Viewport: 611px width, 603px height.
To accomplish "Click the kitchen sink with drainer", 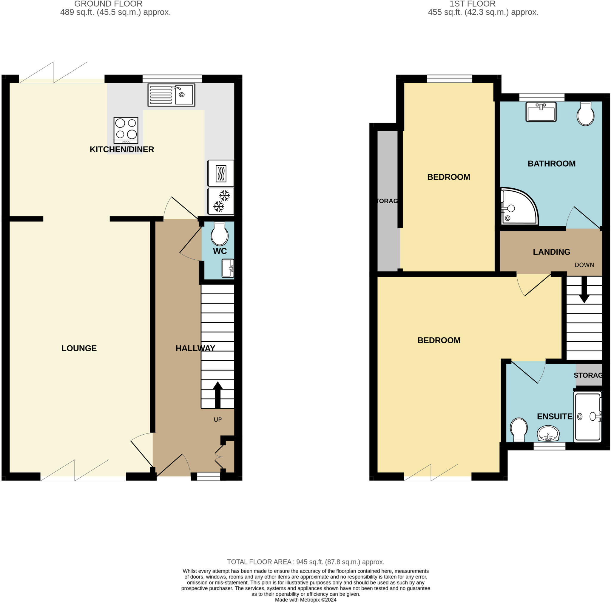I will (x=171, y=95).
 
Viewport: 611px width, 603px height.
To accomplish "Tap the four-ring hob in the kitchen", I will (x=126, y=130).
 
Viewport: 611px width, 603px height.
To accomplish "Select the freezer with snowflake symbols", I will (x=221, y=201).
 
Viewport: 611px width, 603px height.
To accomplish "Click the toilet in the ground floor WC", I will (x=220, y=234).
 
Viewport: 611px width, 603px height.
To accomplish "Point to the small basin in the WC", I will (x=228, y=268).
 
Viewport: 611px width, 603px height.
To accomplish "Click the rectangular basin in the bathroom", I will (x=541, y=112).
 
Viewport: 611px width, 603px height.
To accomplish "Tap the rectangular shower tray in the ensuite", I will (x=588, y=416).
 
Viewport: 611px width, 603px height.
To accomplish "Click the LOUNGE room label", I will (x=79, y=348).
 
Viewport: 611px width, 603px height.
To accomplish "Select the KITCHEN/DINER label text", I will (x=122, y=149).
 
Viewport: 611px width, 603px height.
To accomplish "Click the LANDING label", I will (x=551, y=252).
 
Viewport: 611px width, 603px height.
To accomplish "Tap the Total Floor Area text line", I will (x=305, y=562).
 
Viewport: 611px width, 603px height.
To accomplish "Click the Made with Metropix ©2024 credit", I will (x=305, y=600).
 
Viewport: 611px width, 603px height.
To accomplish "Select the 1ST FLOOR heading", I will (x=473, y=4).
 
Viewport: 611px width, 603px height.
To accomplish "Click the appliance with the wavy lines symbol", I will (x=221, y=173).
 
